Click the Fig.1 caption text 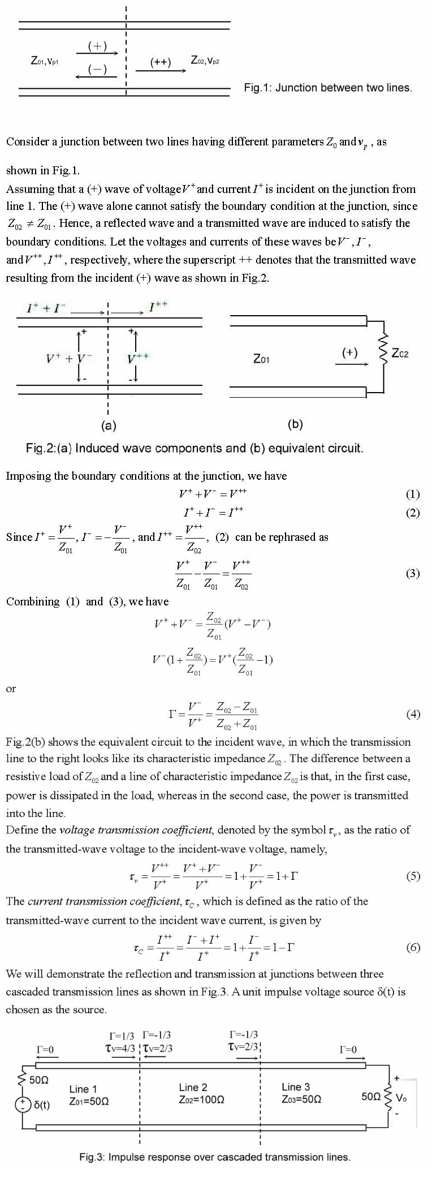coord(328,88)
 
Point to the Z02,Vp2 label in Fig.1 coord(205,59)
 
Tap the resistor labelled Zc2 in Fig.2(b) coord(383,354)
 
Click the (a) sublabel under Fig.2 coord(108,424)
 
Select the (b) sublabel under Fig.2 coord(295,424)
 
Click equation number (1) coord(413,494)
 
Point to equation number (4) coord(413,714)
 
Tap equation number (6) coord(413,947)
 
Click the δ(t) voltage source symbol coord(23,1104)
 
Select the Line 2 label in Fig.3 coord(193,1087)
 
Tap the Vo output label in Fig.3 coord(401,1098)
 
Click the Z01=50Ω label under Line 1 coord(89,1102)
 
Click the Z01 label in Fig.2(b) coord(261,359)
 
